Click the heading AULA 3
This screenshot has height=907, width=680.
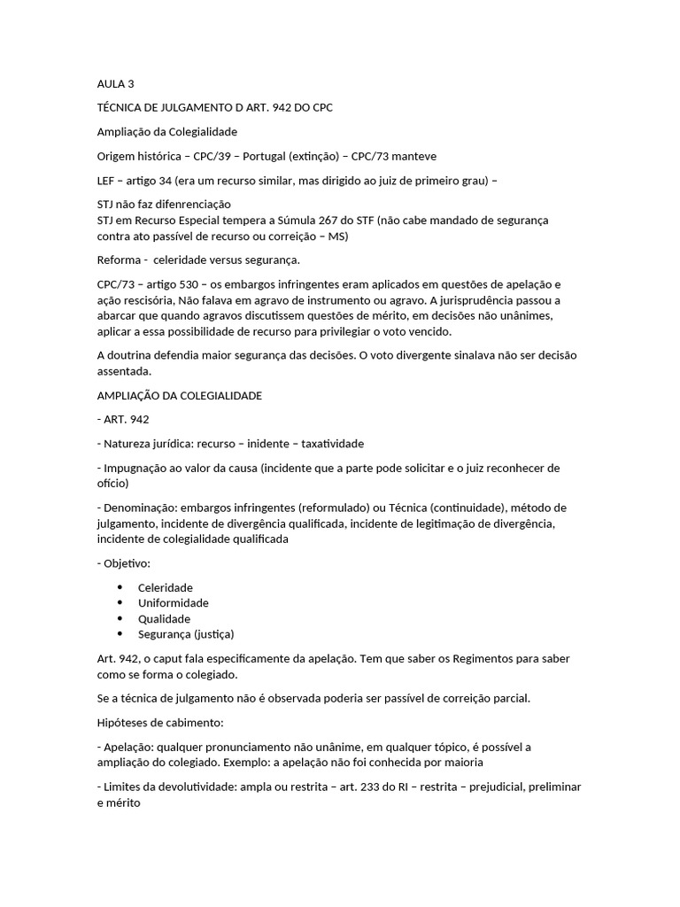tap(115, 84)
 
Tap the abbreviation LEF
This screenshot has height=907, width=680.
tap(107, 181)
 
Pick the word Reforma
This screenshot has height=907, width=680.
tap(119, 260)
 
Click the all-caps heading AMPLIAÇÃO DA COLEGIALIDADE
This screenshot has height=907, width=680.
tap(179, 396)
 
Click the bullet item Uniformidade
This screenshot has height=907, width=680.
tap(174, 603)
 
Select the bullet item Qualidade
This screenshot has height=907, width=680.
tap(164, 618)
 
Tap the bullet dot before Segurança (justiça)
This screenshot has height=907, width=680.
tap(120, 634)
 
